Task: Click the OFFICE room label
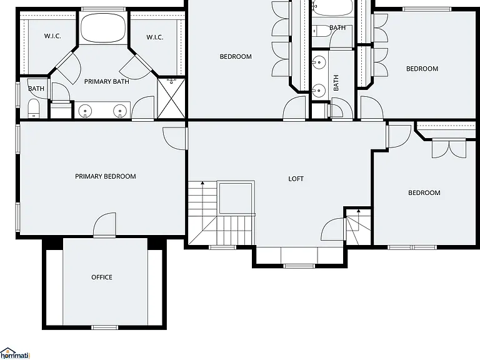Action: pos(102,277)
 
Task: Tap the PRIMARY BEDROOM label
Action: pos(105,176)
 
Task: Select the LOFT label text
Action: pos(296,179)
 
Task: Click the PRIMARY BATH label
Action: pos(106,81)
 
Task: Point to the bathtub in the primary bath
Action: pos(103,28)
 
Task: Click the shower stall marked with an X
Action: pos(171,98)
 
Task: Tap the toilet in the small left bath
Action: pos(34,108)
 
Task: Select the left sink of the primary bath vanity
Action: pos(85,111)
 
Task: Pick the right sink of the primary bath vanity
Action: pos(120,111)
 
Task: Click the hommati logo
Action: pos(15,354)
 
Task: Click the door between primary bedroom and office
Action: pos(104,225)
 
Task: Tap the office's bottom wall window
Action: pos(105,327)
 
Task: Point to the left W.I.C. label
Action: pos(52,36)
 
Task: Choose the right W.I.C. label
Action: pos(155,37)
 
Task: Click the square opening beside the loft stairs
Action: pos(236,197)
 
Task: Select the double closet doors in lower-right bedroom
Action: pos(449,149)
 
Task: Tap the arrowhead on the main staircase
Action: pos(202,183)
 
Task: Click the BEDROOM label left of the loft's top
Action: pos(236,56)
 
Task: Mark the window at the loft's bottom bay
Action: pos(299,266)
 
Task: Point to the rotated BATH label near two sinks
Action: pos(336,82)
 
